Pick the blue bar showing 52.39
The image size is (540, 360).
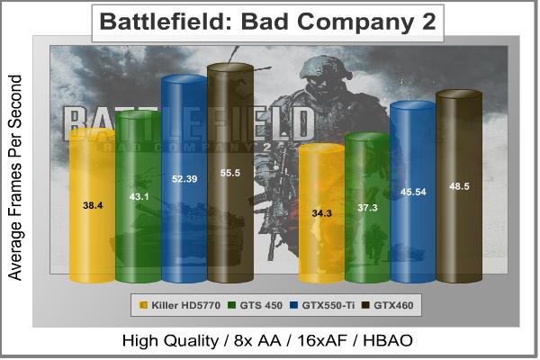coord(184,180)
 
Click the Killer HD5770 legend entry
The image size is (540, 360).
coord(173,305)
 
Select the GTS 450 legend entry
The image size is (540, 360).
coord(251,305)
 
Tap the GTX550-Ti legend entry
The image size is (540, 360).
coord(319,305)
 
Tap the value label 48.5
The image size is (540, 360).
coord(459,186)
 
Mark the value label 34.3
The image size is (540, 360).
coord(321,212)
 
